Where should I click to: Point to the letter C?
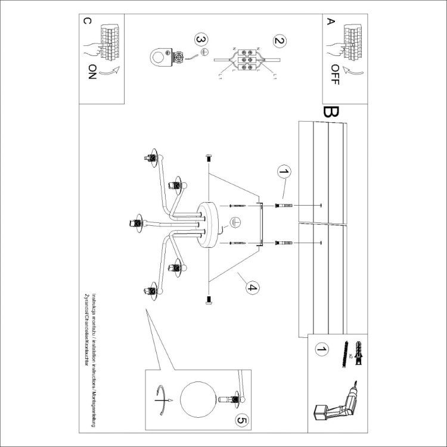(88, 22)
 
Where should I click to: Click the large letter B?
(331, 111)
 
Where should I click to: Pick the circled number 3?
(201, 41)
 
